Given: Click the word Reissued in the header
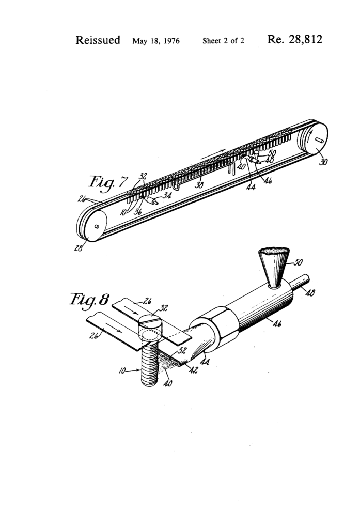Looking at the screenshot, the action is click(98, 40).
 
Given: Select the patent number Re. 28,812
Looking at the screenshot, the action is click(294, 39).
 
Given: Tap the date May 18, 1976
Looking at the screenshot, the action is click(156, 41).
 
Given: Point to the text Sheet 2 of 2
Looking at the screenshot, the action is click(223, 41).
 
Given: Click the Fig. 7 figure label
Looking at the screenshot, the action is click(108, 182).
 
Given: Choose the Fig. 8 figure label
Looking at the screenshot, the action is click(89, 300).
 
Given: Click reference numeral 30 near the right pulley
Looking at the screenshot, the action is click(323, 162).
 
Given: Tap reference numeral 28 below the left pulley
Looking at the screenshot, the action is click(79, 248).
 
